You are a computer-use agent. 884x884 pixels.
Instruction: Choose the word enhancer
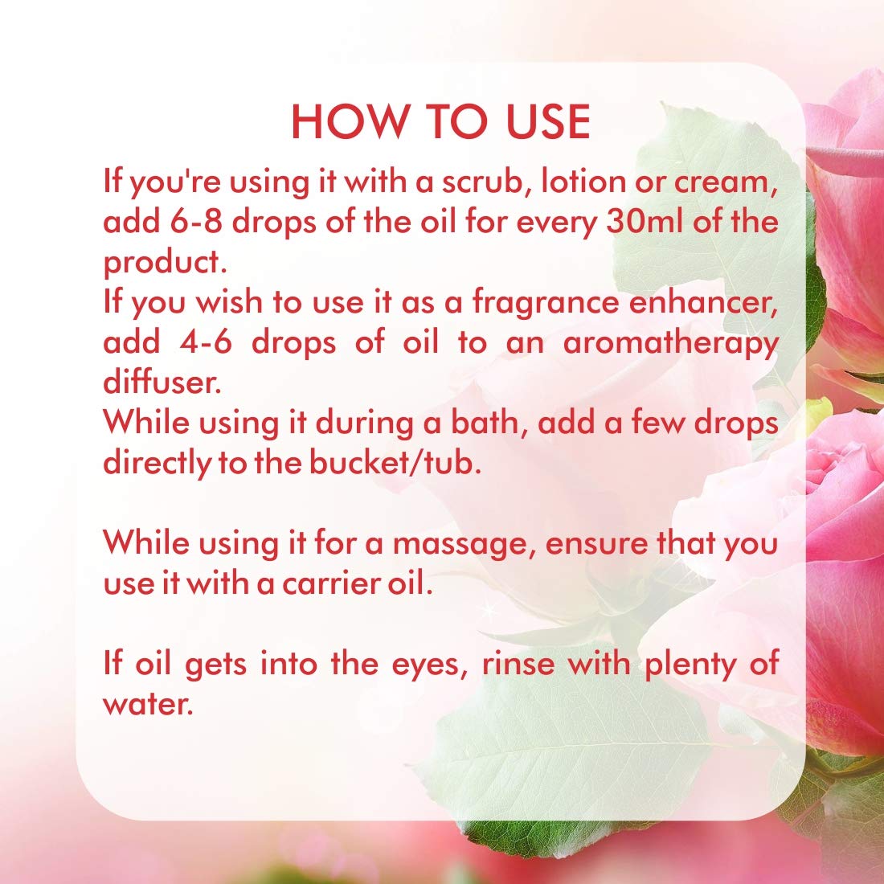(707, 303)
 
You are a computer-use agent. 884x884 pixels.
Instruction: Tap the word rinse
(522, 665)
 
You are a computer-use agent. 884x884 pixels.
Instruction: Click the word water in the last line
(148, 706)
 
